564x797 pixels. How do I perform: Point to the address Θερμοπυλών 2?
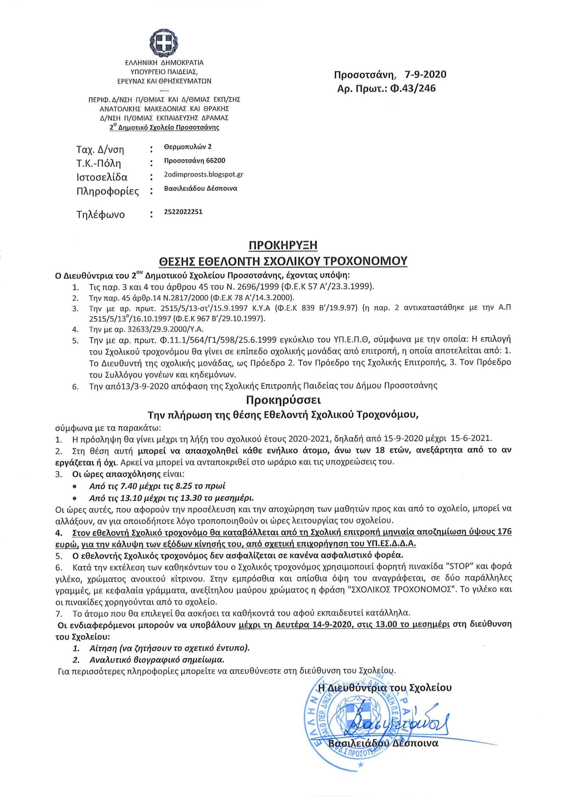pos(188,147)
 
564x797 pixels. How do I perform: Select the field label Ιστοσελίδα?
pos(102,177)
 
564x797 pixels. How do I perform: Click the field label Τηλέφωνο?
pos(100,214)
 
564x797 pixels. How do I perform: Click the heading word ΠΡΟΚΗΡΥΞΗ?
pos(283,245)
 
